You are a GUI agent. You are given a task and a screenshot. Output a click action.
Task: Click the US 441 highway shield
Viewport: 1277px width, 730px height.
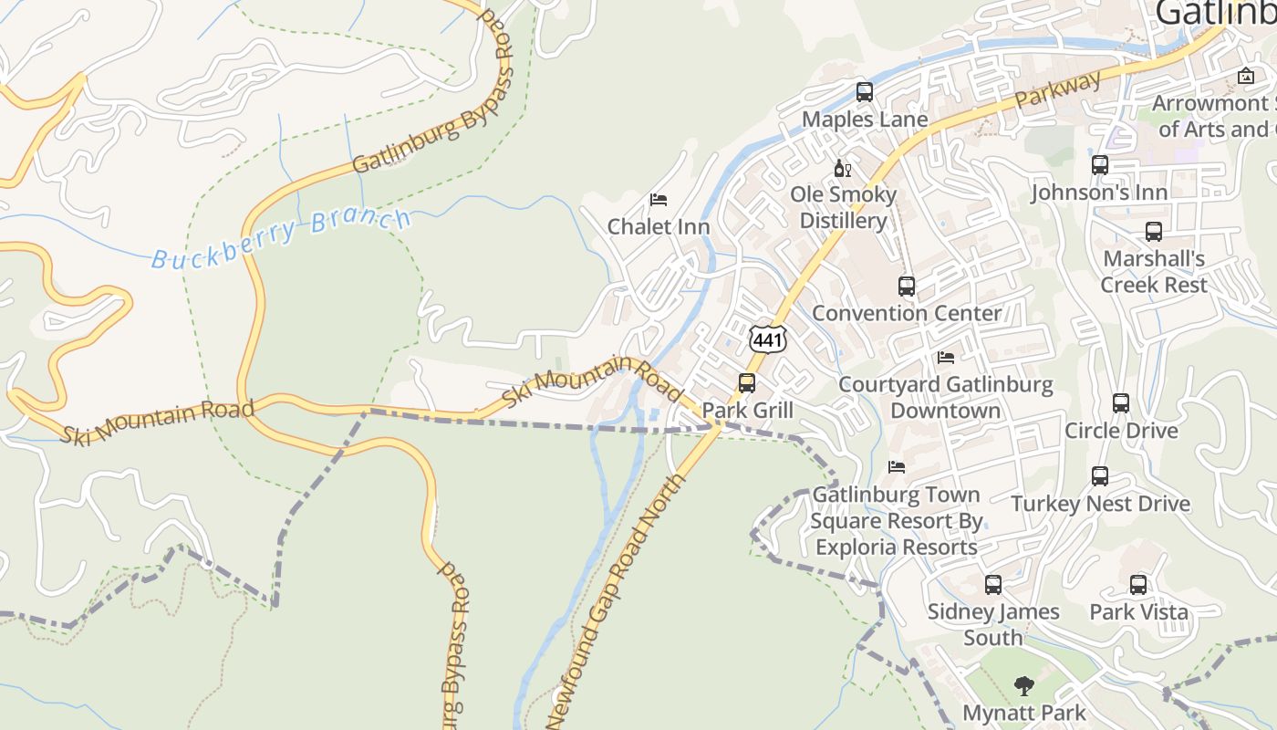tap(767, 339)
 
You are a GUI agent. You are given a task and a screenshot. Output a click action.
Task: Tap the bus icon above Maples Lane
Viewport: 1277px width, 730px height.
tap(864, 92)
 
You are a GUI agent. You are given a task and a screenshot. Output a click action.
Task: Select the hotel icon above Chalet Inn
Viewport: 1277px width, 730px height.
tap(658, 199)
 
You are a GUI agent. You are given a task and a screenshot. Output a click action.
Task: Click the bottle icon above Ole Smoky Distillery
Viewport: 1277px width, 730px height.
tap(842, 168)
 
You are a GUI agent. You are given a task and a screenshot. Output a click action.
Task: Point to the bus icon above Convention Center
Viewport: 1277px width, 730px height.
tap(906, 286)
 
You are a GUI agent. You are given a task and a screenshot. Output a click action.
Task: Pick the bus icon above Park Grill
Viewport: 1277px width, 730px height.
tap(747, 383)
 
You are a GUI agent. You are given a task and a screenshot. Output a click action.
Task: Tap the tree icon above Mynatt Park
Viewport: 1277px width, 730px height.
tap(1024, 685)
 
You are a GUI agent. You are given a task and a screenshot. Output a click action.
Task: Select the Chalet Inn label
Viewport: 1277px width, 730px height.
tap(659, 226)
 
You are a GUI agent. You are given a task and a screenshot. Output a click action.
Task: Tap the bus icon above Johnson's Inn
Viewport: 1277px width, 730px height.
tap(1100, 165)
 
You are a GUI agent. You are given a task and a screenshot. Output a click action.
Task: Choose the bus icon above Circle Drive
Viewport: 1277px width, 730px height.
tap(1121, 402)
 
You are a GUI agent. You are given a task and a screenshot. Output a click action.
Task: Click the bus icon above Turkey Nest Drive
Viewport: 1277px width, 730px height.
tap(1100, 475)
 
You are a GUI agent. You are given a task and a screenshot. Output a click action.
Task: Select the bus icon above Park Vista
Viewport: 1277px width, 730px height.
tap(1138, 585)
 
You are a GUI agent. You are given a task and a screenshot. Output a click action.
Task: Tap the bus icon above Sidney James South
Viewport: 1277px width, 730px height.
tap(993, 585)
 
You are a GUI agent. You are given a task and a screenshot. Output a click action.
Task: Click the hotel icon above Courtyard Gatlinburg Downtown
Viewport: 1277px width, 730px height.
tap(946, 358)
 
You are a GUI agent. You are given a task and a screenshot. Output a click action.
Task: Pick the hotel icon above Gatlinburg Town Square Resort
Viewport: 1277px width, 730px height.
tap(897, 467)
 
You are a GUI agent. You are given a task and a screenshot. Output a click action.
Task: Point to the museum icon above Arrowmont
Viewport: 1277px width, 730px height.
tap(1246, 76)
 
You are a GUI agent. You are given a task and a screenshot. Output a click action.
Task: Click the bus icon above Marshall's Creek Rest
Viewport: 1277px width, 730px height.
tap(1154, 231)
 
